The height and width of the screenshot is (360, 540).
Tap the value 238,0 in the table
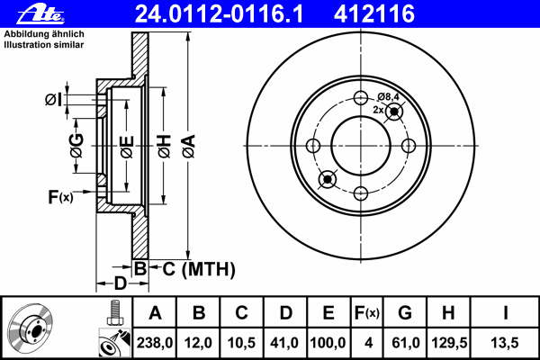tap(155, 342)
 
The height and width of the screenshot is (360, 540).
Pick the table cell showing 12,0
tap(199, 342)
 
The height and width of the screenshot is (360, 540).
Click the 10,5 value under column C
tap(241, 342)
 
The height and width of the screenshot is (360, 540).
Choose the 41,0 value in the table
tap(284, 342)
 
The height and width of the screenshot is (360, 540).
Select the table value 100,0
tap(328, 342)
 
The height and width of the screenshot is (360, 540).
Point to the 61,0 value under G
tap(404, 342)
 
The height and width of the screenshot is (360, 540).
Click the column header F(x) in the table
tap(366, 313)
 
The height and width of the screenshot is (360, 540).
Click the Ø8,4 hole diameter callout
tap(389, 96)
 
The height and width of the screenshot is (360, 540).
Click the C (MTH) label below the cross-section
tap(193, 268)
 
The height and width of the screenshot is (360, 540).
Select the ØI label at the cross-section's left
tap(53, 99)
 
